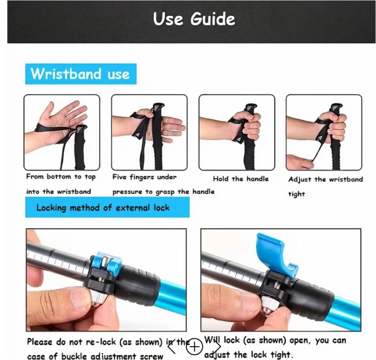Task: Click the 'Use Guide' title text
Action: [x=194, y=19]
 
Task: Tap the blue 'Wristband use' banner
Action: [x=81, y=74]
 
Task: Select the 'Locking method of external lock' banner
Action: [x=108, y=207]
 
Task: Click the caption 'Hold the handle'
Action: [x=241, y=179]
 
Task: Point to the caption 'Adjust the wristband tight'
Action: [x=325, y=186]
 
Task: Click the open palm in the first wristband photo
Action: [x=60, y=120]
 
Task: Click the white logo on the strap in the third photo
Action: [x=239, y=140]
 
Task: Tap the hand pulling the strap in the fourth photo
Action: [x=299, y=161]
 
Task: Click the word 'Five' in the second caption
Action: [x=120, y=177]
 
